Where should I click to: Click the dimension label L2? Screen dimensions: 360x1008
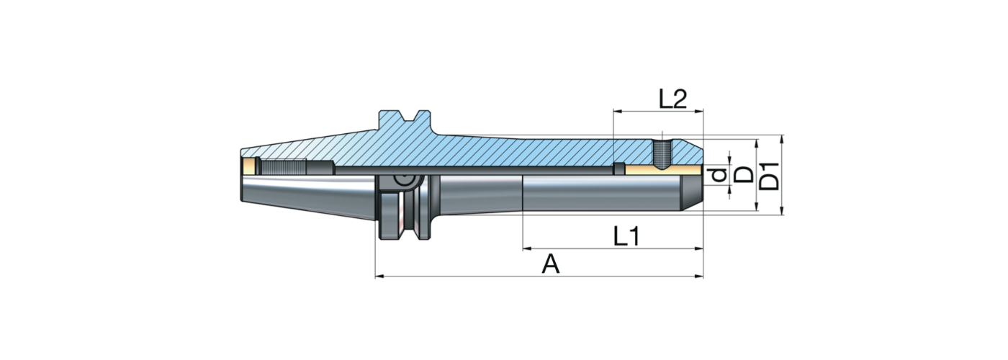674,99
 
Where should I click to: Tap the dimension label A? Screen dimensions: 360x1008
551,264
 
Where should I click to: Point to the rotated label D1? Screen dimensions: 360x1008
770,175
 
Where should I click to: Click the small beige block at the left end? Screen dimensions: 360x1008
250,167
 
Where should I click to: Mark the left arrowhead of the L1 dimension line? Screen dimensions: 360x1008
526,248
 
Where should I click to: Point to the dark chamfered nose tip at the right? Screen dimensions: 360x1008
693,192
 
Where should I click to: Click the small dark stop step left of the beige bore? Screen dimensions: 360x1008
618,169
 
